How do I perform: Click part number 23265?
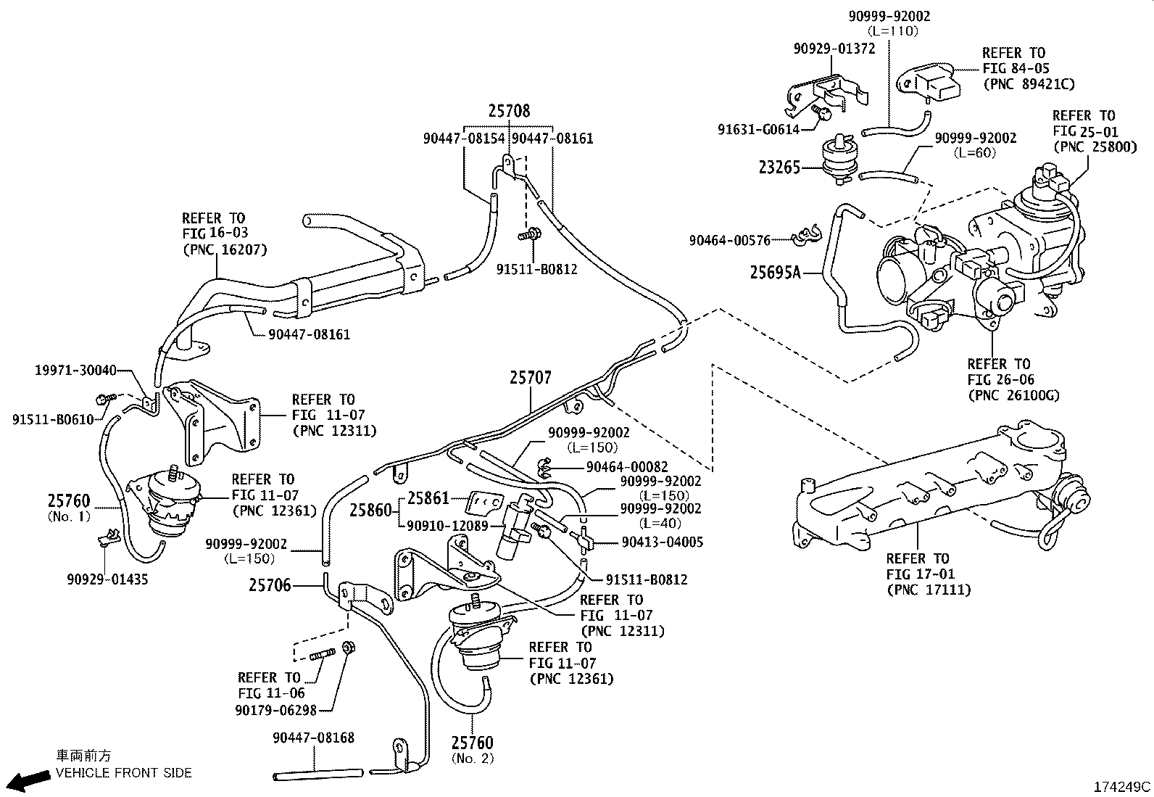779,168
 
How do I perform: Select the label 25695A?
775,273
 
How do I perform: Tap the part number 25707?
530,378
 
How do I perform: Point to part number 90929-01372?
834,49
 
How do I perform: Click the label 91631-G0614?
758,130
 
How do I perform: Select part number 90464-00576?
729,240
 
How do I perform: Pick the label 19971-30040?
75,370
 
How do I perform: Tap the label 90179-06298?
275,709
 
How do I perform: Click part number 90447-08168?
314,738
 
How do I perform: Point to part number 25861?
428,498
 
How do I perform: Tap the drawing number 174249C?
1122,786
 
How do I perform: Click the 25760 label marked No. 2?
472,743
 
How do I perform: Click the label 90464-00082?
627,467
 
